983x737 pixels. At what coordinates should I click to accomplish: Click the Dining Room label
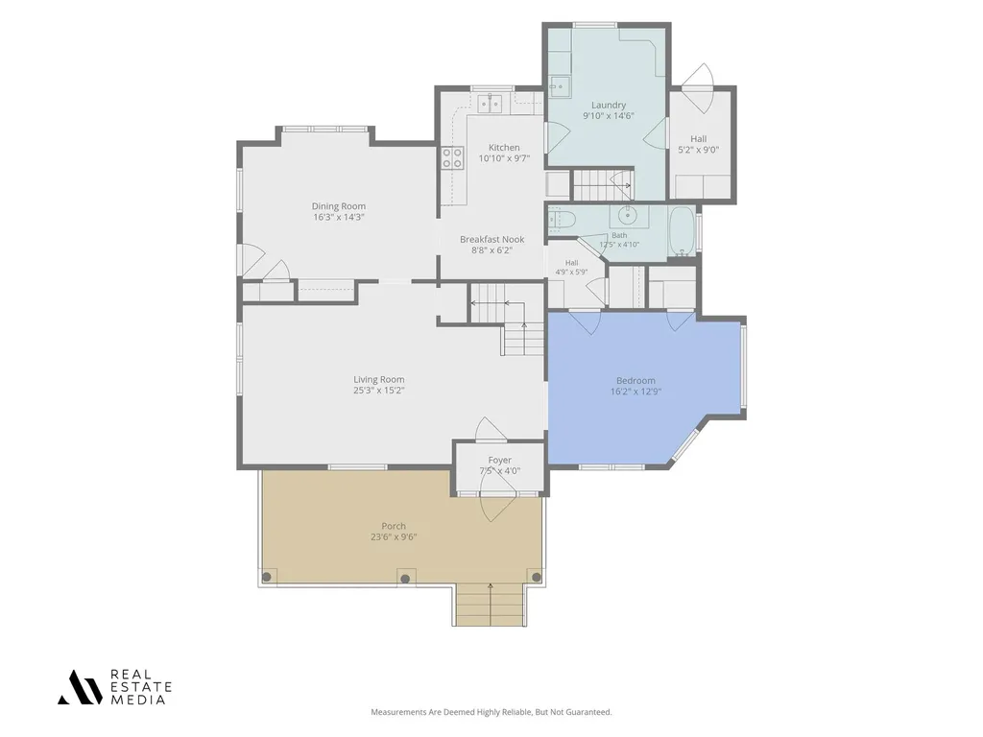tap(339, 206)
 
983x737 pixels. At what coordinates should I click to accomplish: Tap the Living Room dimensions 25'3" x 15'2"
tap(378, 391)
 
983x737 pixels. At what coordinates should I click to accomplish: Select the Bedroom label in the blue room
tap(635, 380)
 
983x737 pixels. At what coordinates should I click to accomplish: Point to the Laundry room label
tap(608, 106)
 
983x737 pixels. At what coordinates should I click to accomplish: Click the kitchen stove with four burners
tap(453, 158)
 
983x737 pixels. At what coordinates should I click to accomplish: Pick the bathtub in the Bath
tap(683, 230)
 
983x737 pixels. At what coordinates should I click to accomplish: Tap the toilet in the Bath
tap(561, 220)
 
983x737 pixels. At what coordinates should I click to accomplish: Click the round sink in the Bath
tap(627, 216)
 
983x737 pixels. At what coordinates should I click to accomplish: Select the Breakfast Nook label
tap(492, 239)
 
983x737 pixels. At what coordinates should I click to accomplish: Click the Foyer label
tap(499, 460)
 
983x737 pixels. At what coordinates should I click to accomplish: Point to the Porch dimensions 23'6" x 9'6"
tap(394, 537)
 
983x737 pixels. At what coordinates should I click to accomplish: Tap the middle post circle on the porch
tap(405, 579)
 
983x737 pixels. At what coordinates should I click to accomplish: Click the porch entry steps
tap(490, 605)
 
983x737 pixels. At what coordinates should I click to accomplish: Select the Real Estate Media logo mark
tap(80, 687)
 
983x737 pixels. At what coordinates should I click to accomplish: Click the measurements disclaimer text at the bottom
tap(491, 712)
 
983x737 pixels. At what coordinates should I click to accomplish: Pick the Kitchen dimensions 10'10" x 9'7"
tap(504, 158)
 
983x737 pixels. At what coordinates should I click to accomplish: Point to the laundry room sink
tap(560, 86)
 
